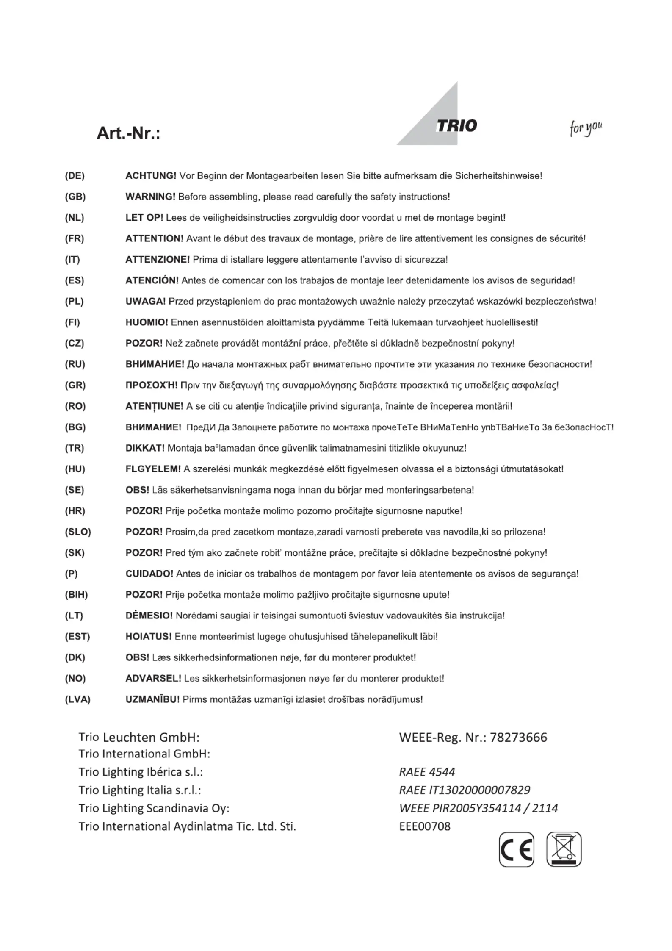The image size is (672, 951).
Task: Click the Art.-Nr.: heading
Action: (x=128, y=133)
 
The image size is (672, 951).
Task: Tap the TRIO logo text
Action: (x=456, y=126)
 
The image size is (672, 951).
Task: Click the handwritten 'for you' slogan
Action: (x=586, y=128)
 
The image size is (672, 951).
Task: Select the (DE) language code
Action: (x=75, y=176)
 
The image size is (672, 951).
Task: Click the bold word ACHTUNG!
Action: (x=151, y=176)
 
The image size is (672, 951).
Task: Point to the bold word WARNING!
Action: (x=150, y=197)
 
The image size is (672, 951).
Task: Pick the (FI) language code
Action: (x=72, y=323)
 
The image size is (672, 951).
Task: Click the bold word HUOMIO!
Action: (x=147, y=323)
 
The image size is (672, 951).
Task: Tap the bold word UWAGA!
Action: (x=145, y=302)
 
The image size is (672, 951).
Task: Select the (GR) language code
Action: (x=75, y=385)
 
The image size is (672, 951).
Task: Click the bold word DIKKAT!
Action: (x=145, y=448)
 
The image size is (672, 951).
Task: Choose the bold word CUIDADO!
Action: (x=149, y=574)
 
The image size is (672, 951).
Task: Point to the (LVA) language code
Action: (x=77, y=699)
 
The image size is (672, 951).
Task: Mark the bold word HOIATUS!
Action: (x=148, y=637)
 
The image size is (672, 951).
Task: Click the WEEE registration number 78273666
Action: (x=518, y=738)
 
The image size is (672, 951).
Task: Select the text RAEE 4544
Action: (x=427, y=772)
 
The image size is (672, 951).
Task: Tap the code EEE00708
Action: (x=425, y=826)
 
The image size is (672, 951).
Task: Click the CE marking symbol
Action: (x=516, y=849)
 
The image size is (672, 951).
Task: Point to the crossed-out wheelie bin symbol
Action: (x=564, y=849)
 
